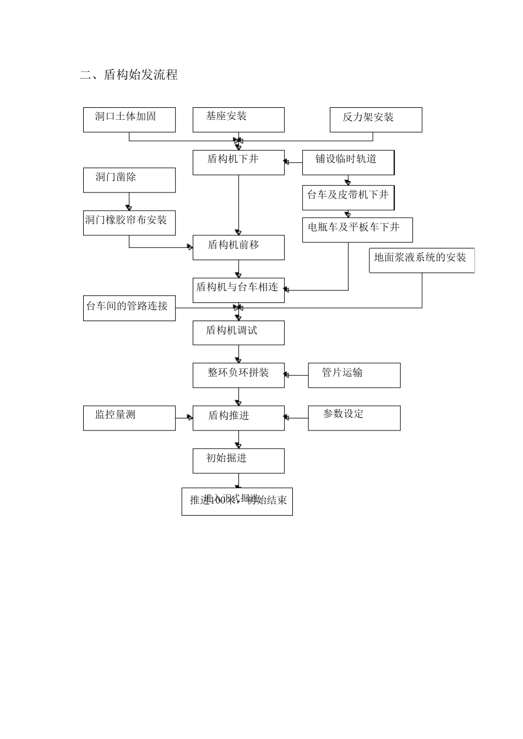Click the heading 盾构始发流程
[129, 75]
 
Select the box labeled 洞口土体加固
[129, 120]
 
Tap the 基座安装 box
[238, 120]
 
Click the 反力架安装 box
[376, 120]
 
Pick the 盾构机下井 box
[238, 162]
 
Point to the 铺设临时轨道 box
[348, 162]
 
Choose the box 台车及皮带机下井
[348, 197]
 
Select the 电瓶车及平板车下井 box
[357, 230]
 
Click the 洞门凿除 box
[129, 180]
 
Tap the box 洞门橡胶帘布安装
[129, 223]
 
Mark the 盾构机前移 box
[238, 247]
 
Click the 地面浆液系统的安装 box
[421, 261]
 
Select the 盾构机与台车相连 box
[238, 290]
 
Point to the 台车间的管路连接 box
[129, 308]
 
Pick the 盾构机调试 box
[238, 333]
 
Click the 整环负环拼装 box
[238, 375]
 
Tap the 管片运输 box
[354, 375]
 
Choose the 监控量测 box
[129, 418]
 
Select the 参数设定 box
[354, 418]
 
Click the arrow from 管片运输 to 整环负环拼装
[296, 376]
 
